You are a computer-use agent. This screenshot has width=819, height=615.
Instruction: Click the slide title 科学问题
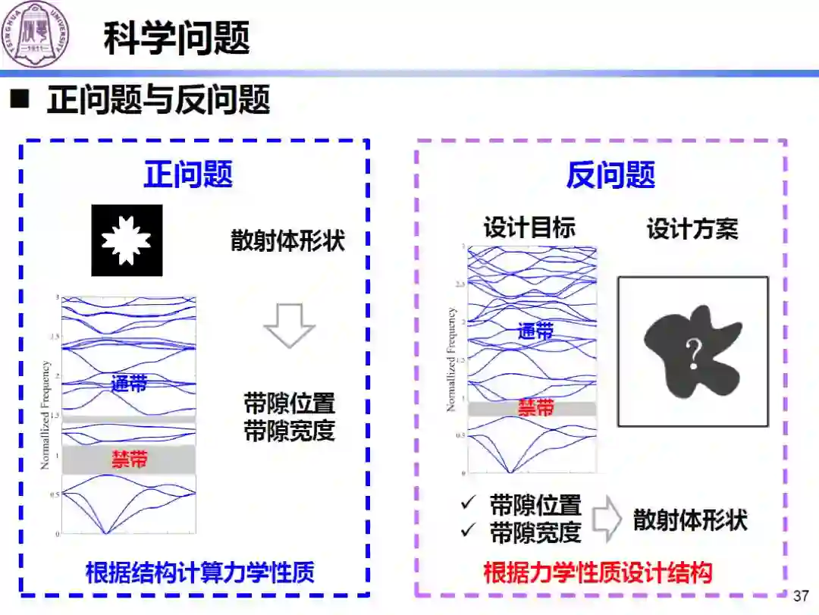176,38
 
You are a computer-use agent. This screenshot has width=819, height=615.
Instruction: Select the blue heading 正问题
188,174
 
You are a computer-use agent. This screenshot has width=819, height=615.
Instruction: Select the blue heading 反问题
610,175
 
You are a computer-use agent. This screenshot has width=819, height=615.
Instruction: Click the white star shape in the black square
127,240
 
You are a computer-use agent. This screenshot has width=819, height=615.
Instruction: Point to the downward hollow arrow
289,325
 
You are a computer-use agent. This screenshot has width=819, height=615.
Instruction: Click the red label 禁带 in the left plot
130,460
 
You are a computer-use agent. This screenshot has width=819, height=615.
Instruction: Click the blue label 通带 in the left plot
129,384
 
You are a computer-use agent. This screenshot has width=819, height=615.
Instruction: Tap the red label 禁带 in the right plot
536,408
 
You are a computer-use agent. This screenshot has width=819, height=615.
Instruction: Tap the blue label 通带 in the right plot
535,331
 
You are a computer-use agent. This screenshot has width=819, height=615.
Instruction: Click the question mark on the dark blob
692,354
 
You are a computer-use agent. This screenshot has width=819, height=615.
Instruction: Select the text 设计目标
529,227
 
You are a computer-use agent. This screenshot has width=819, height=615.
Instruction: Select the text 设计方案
692,228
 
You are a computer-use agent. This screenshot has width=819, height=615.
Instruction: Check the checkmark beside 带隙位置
468,504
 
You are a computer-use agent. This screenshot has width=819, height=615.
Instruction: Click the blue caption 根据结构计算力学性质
200,573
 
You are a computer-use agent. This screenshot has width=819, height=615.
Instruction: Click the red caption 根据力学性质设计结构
598,573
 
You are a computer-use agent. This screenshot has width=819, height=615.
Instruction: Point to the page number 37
801,595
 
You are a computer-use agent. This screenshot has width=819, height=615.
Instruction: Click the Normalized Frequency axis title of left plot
46,415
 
